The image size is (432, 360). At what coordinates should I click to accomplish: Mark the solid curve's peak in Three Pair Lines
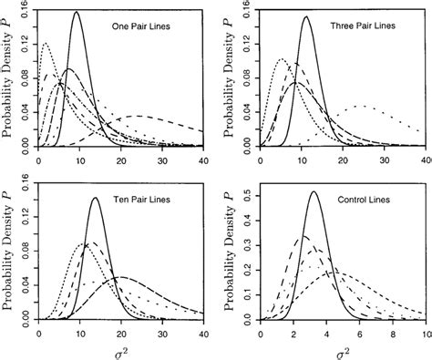(306, 17)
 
